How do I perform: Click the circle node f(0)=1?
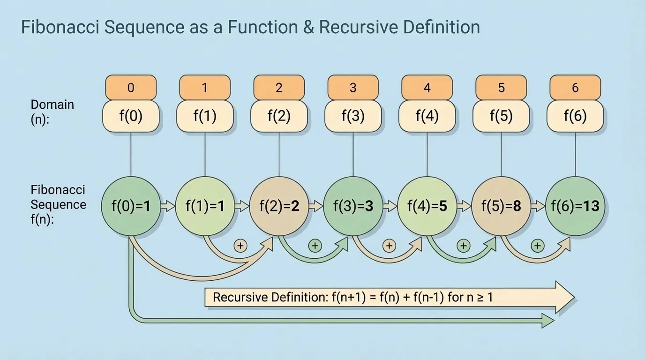coord(131,205)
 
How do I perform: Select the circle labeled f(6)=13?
coord(575,205)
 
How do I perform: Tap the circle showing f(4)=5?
coord(427,205)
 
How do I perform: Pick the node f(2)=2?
coord(279,205)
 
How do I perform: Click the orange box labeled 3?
coord(353,88)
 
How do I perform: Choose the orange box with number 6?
coord(575,88)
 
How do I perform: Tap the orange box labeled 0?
coord(131,88)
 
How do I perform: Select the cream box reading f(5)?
coord(501,116)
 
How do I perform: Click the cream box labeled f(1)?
coord(205,116)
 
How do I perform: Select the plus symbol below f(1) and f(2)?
coord(240,246)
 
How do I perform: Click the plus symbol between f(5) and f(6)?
coord(537,246)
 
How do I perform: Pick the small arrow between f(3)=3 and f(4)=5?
coord(389,205)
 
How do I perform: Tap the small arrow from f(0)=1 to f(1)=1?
coord(167,205)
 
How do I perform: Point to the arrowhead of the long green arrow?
coord(547,321)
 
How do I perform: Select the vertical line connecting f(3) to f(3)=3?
coord(353,155)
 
